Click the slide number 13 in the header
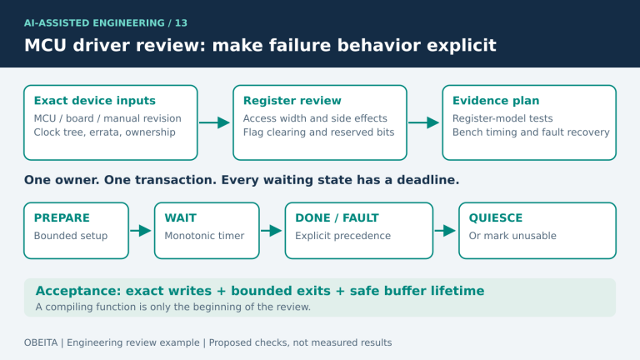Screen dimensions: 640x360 (181, 22)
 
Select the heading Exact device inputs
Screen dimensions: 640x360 (95, 100)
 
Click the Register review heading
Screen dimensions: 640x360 (292, 100)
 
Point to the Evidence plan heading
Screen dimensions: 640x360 (496, 100)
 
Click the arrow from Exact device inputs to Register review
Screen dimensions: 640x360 (215, 122)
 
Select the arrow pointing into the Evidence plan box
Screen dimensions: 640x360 (424, 122)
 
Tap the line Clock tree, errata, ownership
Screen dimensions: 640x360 (104, 132)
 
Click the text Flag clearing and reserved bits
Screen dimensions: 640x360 (319, 132)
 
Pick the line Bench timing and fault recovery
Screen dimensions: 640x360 (531, 132)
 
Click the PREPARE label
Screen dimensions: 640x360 (62, 218)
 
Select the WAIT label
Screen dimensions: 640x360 (180, 218)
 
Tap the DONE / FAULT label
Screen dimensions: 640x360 (337, 218)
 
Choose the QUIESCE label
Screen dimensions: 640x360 (496, 218)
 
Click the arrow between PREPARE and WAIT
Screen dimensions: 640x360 (141, 231)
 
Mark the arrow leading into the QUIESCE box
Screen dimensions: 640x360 (445, 231)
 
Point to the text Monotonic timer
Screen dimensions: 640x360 (204, 236)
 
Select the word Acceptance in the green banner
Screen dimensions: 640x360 (78, 291)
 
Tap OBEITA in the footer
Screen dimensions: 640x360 (41, 342)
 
